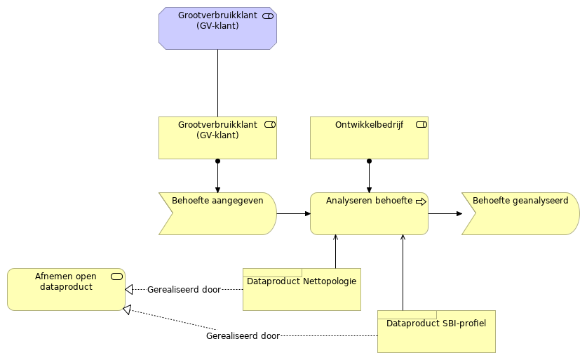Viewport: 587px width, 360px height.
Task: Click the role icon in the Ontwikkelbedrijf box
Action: pos(421,125)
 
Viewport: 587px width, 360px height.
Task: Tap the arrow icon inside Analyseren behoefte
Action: pos(421,201)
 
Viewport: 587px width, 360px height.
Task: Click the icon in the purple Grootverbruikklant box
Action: pos(268,15)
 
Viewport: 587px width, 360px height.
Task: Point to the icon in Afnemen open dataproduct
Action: pos(116,276)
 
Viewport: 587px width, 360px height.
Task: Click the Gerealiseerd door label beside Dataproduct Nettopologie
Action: pos(184,289)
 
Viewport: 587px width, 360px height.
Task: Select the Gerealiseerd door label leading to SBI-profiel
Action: pos(243,336)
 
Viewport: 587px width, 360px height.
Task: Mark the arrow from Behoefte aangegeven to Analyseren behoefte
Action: pos(293,213)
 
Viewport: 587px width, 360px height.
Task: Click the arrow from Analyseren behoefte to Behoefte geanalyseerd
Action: pos(445,213)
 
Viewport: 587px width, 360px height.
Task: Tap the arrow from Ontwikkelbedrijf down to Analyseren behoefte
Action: pos(369,175)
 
